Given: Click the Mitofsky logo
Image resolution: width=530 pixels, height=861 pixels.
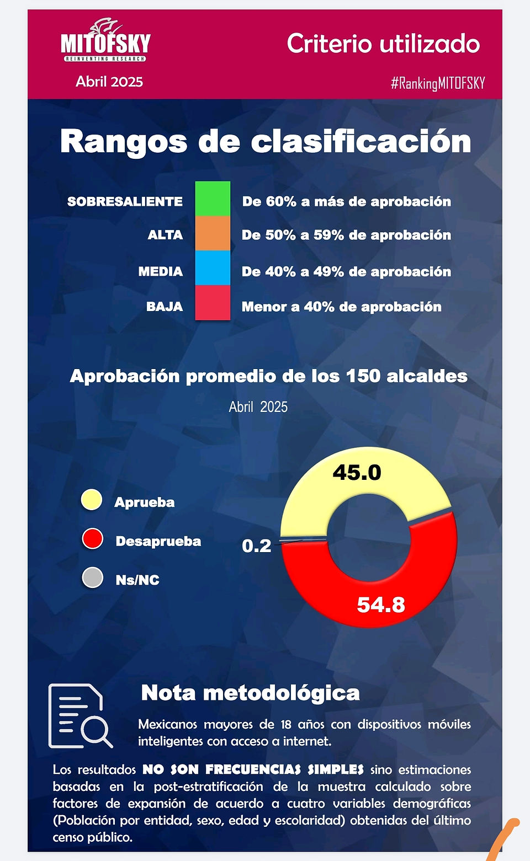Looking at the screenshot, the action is [x=105, y=40].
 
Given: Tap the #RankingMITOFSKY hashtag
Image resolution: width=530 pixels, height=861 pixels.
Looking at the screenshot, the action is [x=438, y=83].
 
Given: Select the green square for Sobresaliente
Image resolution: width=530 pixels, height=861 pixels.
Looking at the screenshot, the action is [x=213, y=199].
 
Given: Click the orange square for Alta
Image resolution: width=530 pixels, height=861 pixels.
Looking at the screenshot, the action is [x=213, y=233].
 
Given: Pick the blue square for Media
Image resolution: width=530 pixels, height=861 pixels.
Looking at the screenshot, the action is [x=213, y=268].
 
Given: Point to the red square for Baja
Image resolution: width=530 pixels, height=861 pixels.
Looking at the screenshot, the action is [x=213, y=302].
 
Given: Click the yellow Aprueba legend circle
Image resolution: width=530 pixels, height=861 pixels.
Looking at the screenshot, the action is [x=92, y=500].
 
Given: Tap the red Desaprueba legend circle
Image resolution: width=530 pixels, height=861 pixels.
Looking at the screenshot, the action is [x=92, y=538].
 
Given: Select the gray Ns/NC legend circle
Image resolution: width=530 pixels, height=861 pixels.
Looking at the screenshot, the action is [x=92, y=577].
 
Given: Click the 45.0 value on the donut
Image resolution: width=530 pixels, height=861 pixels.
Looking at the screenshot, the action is [x=357, y=472].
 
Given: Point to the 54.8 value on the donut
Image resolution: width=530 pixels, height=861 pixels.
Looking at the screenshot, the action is [x=381, y=605].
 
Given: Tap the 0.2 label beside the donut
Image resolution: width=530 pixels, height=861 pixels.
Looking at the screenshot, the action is [x=257, y=546].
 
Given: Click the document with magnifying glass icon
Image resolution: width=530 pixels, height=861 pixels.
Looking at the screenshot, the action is [x=81, y=716].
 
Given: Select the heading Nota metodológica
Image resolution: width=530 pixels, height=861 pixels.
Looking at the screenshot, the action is [x=251, y=693].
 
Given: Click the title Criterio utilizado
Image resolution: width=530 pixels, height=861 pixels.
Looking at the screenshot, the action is [x=384, y=44].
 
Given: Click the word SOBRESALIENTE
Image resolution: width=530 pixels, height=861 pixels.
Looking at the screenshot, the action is [x=125, y=201].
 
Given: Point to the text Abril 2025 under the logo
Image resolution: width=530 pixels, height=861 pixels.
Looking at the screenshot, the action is [x=109, y=82].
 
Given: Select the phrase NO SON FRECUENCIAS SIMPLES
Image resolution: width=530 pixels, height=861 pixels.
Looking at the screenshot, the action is [x=253, y=769].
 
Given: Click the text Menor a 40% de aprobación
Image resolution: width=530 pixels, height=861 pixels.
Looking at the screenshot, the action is [x=342, y=307].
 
